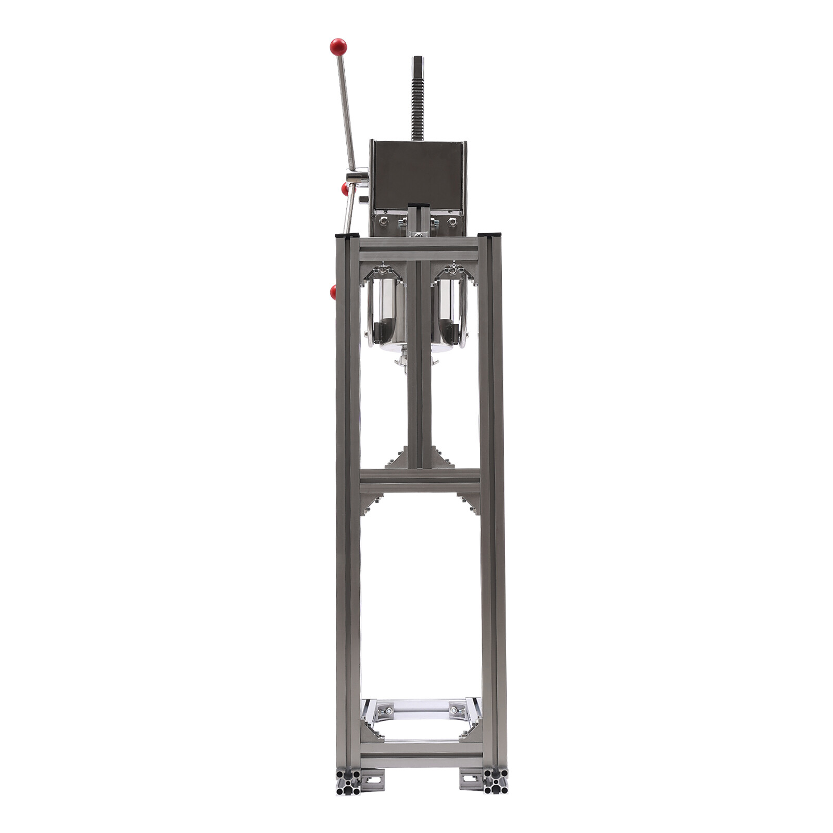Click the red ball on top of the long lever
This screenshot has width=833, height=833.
point(338,47)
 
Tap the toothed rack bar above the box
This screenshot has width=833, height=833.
point(418,104)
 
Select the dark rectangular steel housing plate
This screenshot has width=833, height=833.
point(419,174)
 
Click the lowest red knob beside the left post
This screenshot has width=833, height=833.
point(333,292)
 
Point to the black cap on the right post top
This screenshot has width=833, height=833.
point(489,235)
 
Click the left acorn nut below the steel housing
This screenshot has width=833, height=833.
point(384,221)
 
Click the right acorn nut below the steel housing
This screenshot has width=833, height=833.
point(452,221)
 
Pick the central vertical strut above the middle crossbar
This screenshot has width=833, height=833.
point(420,364)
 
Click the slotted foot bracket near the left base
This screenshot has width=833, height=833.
point(372,779)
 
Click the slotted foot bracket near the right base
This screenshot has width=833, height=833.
point(471,779)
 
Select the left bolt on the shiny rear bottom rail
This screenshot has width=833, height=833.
point(388,710)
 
